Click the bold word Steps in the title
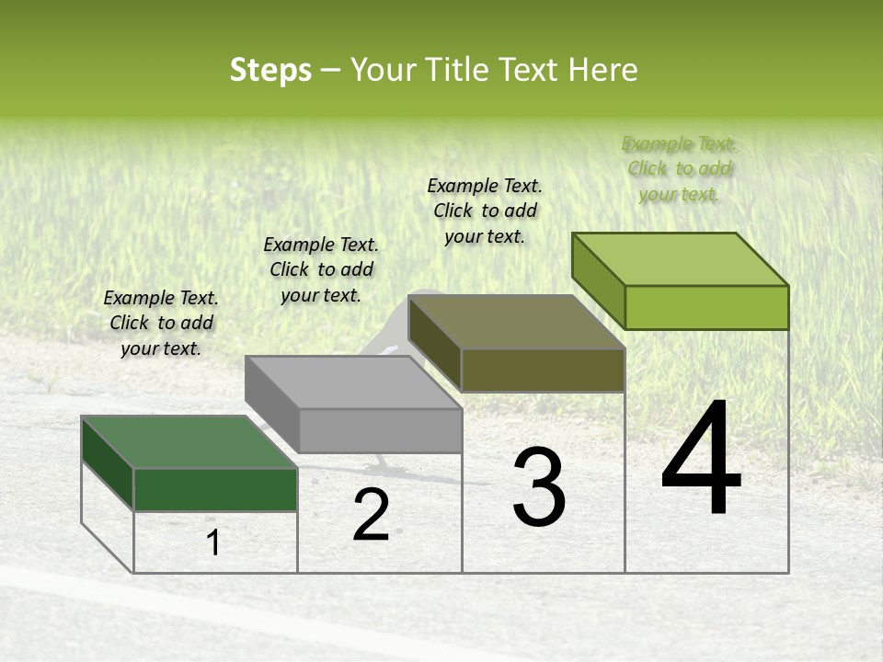pos(270,70)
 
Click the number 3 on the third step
pos(539,487)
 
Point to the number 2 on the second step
pos(371,515)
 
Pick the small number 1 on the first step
pos(213,543)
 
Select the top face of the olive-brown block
pos(516,322)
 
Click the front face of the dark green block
pos(215,489)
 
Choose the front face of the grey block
pos(380,430)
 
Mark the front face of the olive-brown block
pos(543,370)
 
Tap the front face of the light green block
pos(706,307)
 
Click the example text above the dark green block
pos(161,323)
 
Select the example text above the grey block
pos(321,269)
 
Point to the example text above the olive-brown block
pos(485,211)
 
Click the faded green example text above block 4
pos(679,168)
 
